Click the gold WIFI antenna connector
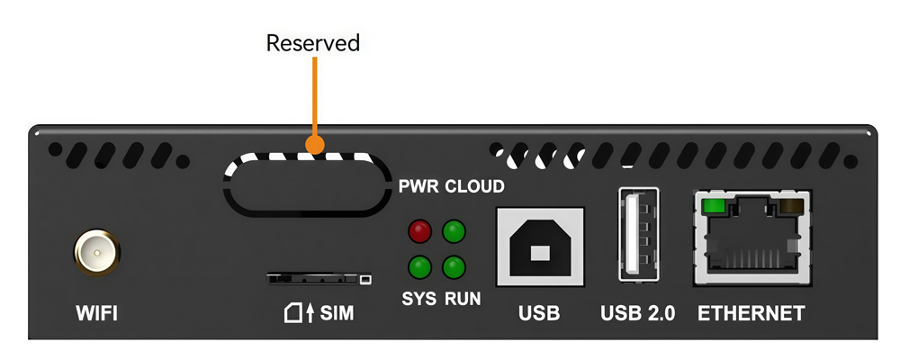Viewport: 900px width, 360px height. click(96, 253)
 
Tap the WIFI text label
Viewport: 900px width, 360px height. click(96, 314)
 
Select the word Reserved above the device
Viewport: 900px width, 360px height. click(312, 43)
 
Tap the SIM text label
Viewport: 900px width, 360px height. click(337, 314)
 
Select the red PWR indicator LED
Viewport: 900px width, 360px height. click(419, 231)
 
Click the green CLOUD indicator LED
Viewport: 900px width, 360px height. click(454, 231)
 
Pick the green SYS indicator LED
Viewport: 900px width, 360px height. click(419, 266)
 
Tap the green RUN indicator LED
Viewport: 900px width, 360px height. click(454, 266)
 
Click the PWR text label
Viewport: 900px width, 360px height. click(418, 186)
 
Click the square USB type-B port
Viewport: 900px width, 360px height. click(540, 247)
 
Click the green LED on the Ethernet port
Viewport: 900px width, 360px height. click(714, 206)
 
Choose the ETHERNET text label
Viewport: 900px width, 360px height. click(751, 314)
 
